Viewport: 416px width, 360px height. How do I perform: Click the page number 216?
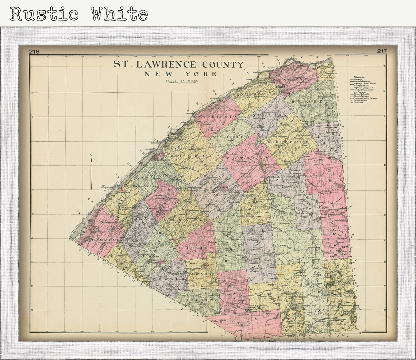tap(35, 51)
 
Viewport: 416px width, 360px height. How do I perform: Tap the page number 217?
tap(382, 51)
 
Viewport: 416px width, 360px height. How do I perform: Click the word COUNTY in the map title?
tap(220, 65)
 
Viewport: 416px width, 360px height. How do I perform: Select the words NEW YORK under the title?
tap(181, 74)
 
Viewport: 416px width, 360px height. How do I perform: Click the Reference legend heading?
tap(359, 77)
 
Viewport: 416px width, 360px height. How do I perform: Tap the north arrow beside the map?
tap(91, 172)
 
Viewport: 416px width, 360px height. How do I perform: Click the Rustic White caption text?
tap(79, 14)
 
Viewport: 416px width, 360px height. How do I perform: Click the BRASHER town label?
tap(315, 101)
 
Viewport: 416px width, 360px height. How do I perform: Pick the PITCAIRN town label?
tap(204, 299)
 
